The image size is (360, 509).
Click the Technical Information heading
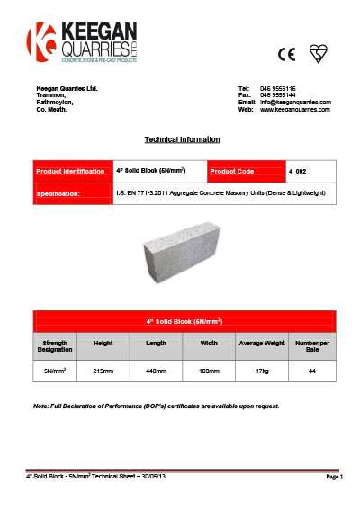pyautogui.click(x=182, y=140)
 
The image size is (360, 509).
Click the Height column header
pyautogui.click(x=103, y=343)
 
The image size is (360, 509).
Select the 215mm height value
pyautogui.click(x=103, y=370)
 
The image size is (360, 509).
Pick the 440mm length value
pyautogui.click(x=156, y=370)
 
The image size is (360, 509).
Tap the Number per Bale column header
pyautogui.click(x=311, y=346)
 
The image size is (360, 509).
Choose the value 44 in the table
pyautogui.click(x=311, y=370)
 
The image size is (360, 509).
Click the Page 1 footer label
pyautogui.click(x=335, y=477)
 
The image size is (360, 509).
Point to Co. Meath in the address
pyautogui.click(x=50, y=109)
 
